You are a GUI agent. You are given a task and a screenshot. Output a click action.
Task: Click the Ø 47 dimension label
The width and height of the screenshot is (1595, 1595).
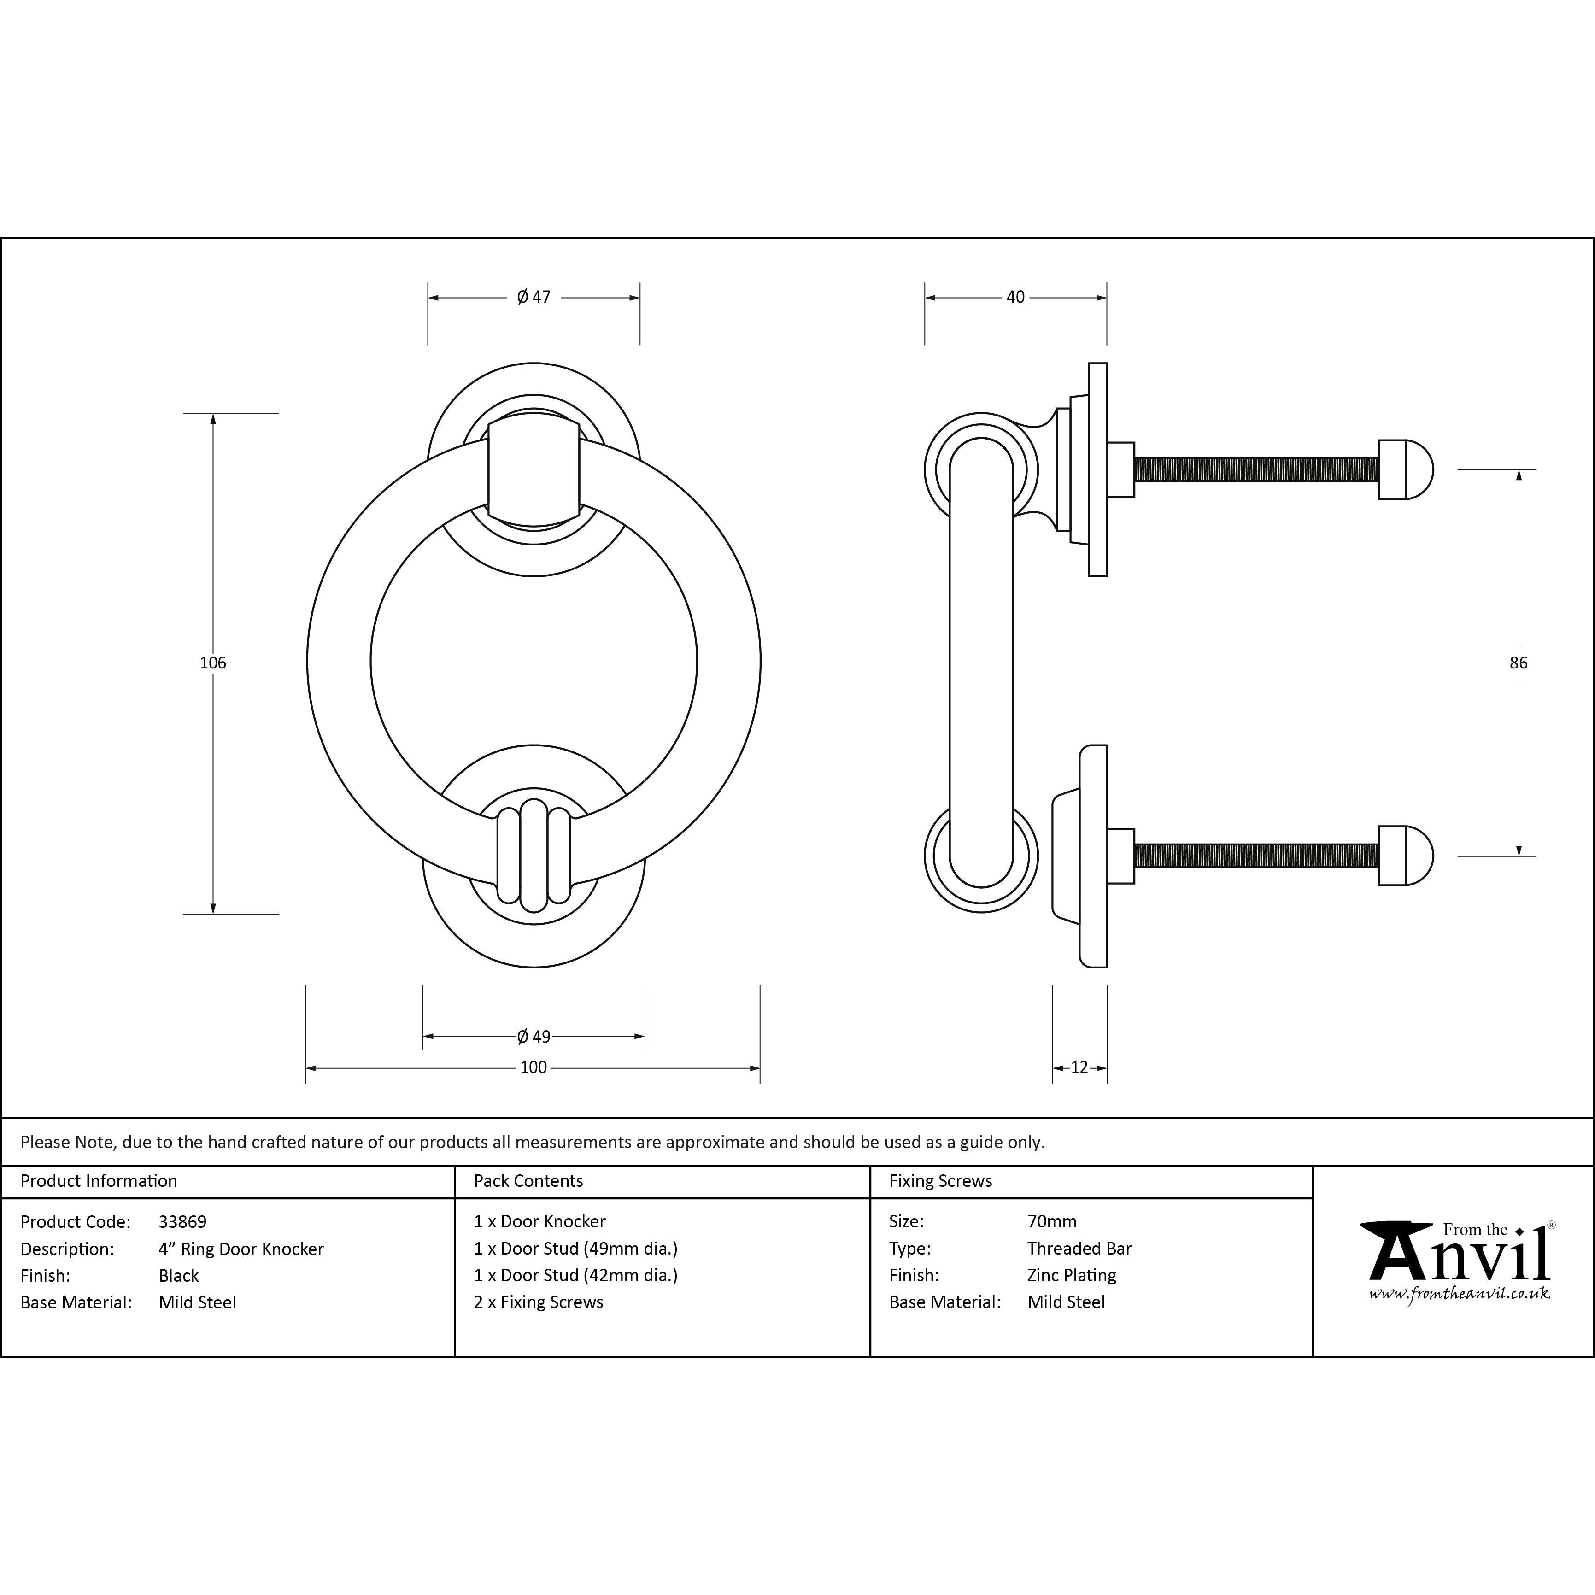pos(534,297)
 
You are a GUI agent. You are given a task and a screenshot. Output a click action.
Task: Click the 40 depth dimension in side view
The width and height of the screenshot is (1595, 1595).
pos(1015,297)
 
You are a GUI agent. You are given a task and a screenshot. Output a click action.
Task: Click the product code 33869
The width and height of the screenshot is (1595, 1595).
pos(182,1222)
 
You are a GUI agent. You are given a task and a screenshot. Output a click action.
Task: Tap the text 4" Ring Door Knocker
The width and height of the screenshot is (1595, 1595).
pos(241,1249)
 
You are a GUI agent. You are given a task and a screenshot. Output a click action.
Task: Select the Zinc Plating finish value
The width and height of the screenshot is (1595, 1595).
pos(1072,1276)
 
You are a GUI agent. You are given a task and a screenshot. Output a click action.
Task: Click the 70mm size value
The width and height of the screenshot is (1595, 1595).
pos(1052,1222)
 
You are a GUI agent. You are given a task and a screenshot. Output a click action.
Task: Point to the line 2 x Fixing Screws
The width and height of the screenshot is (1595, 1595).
pos(538,1302)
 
